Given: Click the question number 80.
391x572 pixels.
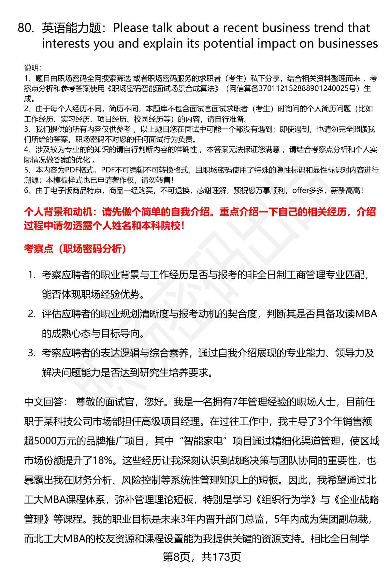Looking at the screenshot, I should coord(25,28).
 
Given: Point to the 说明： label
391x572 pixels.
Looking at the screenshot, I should coord(33,68).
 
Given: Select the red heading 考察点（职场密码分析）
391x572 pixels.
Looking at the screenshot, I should coord(75,249).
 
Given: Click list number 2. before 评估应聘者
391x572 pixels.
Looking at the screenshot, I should coord(32,314).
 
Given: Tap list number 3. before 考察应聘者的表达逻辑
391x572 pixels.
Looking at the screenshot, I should coord(32,353).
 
